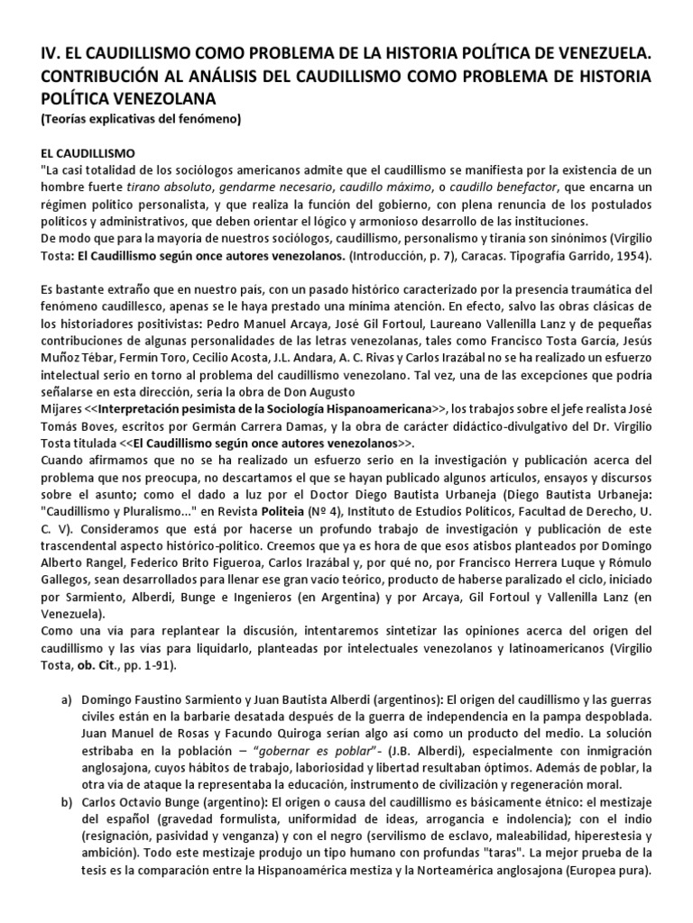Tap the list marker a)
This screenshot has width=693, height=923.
(x=66, y=700)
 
